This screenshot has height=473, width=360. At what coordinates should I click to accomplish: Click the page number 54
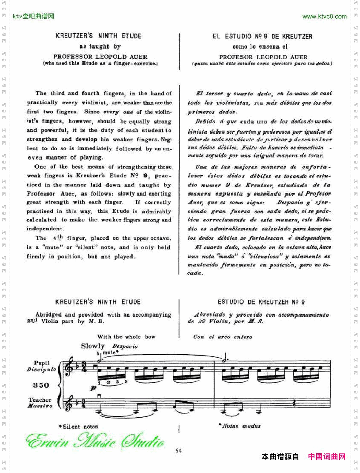click(178, 451)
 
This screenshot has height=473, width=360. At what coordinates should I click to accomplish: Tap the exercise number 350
click(41, 385)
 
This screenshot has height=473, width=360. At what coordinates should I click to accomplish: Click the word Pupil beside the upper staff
click(42, 363)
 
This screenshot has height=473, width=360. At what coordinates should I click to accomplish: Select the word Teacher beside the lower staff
click(40, 400)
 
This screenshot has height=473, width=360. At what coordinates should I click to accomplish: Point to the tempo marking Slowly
click(92, 346)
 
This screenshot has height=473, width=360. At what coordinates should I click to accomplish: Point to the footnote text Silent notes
click(80, 427)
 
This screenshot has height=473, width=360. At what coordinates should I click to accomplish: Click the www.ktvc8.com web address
click(324, 17)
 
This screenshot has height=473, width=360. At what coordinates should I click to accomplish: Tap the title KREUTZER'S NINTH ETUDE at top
click(98, 36)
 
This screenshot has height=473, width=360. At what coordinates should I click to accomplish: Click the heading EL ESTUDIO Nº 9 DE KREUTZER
click(263, 37)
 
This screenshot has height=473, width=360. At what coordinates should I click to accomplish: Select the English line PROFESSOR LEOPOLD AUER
click(100, 57)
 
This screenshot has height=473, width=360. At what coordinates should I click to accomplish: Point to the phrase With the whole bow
click(126, 337)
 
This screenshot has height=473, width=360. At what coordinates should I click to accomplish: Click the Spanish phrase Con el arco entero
click(223, 337)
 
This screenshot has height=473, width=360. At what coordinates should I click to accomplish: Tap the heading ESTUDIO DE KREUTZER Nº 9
click(261, 302)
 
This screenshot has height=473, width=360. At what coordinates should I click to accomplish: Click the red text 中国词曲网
click(327, 457)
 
